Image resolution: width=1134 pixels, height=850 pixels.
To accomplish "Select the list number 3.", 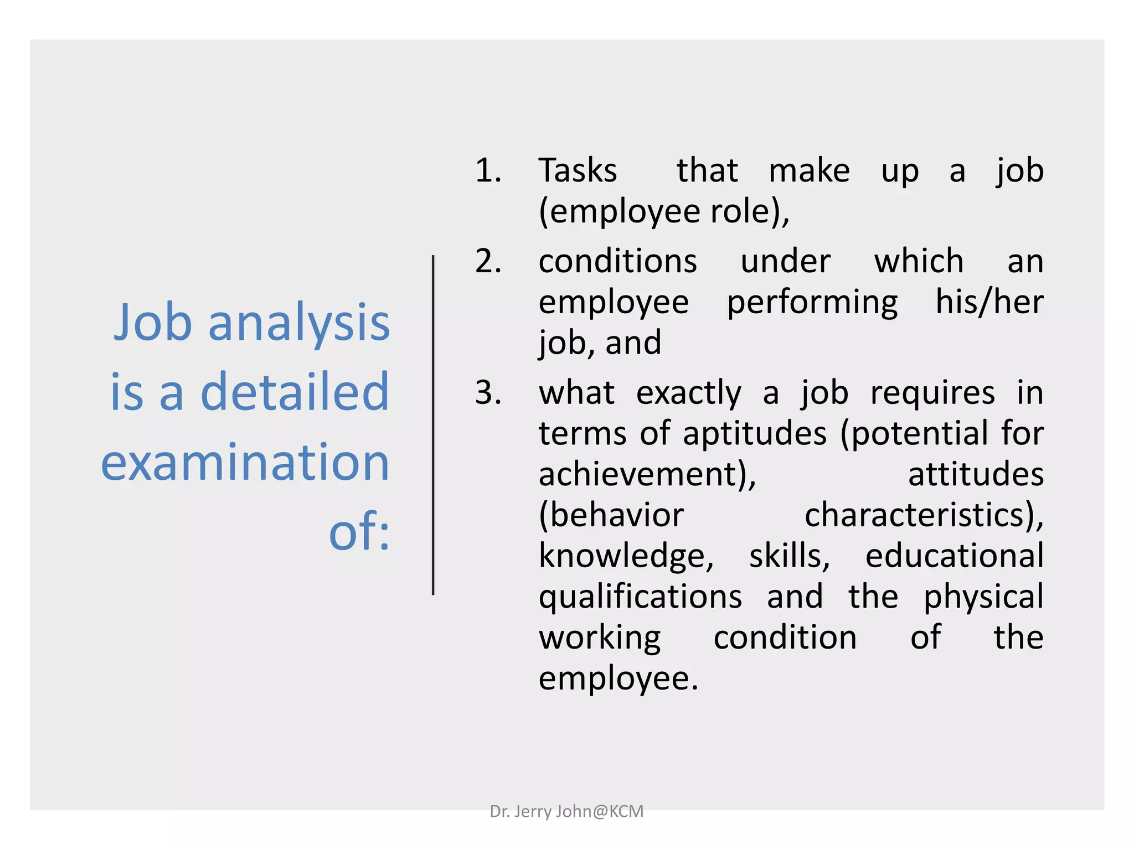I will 488,392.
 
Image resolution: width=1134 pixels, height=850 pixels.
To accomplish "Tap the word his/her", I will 989,302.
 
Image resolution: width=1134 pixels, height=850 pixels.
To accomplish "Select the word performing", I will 812,303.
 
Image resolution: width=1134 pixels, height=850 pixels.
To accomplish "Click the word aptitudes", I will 755,433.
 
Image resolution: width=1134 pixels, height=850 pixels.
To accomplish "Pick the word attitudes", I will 976,474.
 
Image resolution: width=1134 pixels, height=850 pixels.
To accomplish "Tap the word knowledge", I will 626,556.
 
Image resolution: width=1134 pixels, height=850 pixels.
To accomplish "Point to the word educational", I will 955,556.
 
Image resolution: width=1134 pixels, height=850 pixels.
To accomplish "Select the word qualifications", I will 640,597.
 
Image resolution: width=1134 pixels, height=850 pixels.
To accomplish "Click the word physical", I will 983,597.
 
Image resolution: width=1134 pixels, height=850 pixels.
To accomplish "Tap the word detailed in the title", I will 295,392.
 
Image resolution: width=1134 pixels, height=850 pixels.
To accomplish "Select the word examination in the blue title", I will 245,462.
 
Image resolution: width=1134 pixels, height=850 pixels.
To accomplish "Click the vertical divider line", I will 433,425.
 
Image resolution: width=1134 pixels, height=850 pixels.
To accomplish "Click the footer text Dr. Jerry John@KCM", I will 566,811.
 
